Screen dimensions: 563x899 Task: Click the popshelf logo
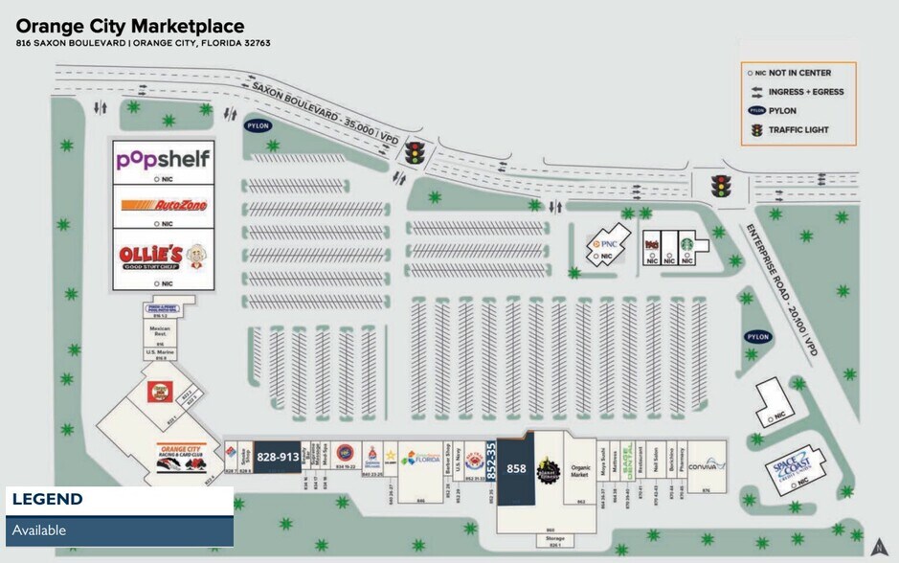point(162,158)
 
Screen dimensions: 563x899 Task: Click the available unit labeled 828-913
point(278,457)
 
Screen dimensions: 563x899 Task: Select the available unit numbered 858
point(516,468)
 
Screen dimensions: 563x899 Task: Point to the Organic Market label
point(580,472)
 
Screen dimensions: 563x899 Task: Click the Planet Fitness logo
point(550,469)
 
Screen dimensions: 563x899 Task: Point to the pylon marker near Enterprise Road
point(758,337)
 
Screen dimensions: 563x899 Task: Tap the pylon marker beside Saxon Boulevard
point(258,125)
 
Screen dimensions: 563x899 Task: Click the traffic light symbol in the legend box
point(756,129)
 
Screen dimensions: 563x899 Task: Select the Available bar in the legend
point(120,530)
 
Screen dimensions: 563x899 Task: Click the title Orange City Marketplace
point(130,26)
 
